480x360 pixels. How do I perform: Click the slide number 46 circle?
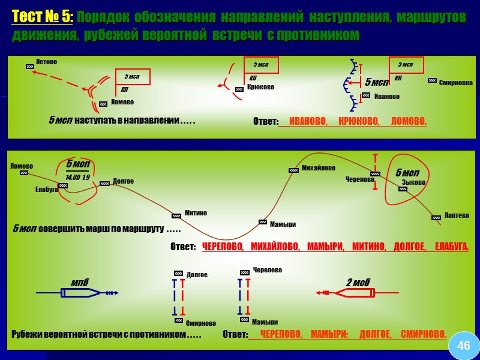pyautogui.click(x=464, y=346)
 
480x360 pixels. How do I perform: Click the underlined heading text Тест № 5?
pyautogui.click(x=43, y=17)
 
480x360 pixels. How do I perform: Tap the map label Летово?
pyautogui.click(x=46, y=62)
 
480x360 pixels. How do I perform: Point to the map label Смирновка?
pyautogui.click(x=455, y=83)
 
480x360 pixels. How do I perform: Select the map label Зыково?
pyautogui.click(x=413, y=182)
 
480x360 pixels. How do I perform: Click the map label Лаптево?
pyautogui.click(x=457, y=215)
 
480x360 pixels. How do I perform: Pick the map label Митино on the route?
pyautogui.click(x=196, y=213)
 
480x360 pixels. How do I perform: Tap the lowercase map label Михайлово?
pyautogui.click(x=318, y=168)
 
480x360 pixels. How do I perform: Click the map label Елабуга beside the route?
pyautogui.click(x=46, y=190)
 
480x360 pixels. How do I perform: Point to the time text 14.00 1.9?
pyautogui.click(x=77, y=178)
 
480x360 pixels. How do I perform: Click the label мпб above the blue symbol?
pyautogui.click(x=79, y=282)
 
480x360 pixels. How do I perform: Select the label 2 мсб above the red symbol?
pyautogui.click(x=358, y=282)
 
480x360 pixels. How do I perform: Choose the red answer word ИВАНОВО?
pyautogui.click(x=308, y=122)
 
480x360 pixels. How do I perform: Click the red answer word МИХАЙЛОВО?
pyautogui.click(x=274, y=247)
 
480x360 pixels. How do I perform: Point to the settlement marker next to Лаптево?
pyautogui.click(x=436, y=218)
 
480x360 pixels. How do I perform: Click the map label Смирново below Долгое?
pyautogui.click(x=200, y=323)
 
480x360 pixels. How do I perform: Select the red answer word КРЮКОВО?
pyautogui.click(x=359, y=122)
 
